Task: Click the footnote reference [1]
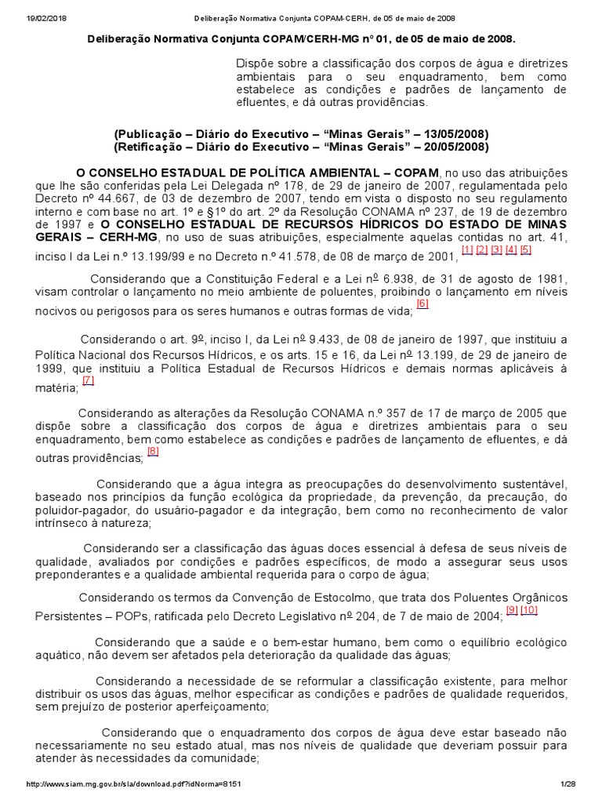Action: point(467,250)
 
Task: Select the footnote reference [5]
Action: point(525,250)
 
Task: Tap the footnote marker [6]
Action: point(422,304)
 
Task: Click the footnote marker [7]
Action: point(88,381)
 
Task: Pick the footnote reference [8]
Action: point(153,451)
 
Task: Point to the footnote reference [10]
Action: point(529,610)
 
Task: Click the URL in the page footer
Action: point(140,784)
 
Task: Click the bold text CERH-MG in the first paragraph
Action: point(127,236)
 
